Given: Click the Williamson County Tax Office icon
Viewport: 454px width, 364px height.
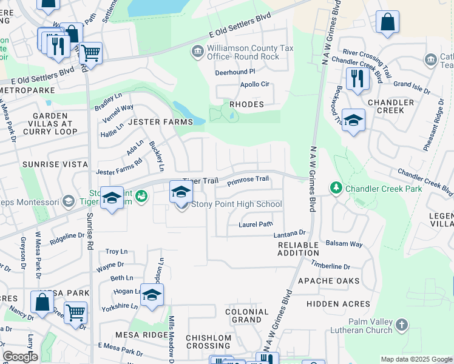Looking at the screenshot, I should pos(198,52).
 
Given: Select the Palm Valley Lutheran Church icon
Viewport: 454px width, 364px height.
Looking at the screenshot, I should pos(401,325).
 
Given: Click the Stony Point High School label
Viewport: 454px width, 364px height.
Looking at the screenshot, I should pos(237,204).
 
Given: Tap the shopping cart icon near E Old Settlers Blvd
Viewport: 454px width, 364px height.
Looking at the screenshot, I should pos(90,53).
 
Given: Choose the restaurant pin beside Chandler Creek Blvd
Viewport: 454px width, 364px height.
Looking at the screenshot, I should pos(355,79).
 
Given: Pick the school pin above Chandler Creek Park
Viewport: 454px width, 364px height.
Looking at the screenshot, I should pos(353,121).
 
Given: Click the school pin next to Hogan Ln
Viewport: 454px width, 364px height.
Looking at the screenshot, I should pos(152,295).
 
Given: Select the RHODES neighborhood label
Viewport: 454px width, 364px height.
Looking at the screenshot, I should pos(246,104).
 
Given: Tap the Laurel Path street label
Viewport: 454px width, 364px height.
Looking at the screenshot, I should pos(256,224).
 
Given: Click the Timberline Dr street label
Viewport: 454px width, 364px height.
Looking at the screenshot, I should pos(331,266).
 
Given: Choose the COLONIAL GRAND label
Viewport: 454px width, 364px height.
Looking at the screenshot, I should pos(247,315).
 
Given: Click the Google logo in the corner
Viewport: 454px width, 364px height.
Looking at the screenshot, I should pos(21,357).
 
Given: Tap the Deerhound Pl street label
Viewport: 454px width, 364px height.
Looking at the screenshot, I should pos(235,72).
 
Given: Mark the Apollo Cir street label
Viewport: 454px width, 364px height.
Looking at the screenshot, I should pos(255,85).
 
